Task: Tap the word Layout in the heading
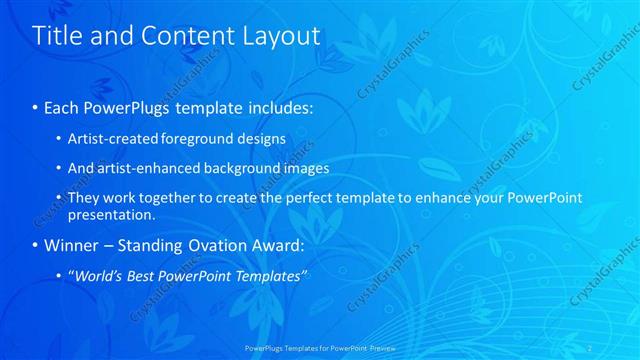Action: [282, 36]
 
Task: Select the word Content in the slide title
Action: [188, 36]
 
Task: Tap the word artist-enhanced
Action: [139, 168]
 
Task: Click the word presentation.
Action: [111, 215]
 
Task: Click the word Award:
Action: [280, 244]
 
